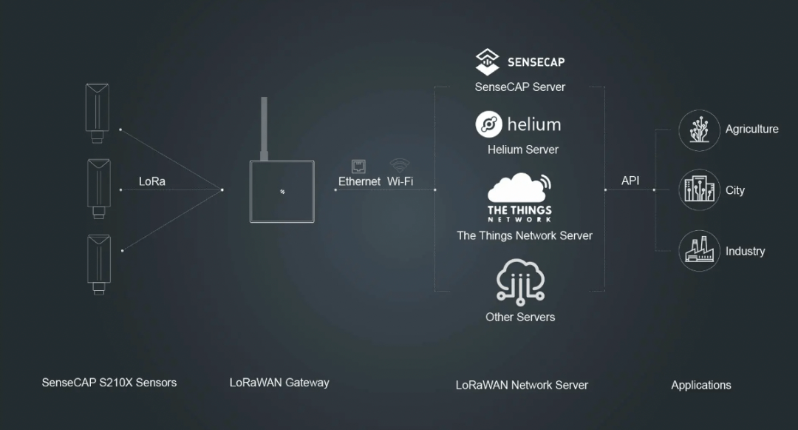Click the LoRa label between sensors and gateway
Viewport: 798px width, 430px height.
(x=151, y=181)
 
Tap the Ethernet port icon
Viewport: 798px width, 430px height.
(x=358, y=166)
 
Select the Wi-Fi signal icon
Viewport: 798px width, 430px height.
(x=400, y=165)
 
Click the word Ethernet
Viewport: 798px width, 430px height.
(x=359, y=181)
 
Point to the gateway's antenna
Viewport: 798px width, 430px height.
(x=264, y=129)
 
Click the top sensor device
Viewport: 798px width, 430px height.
(x=97, y=112)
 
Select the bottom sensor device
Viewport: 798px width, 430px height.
(x=99, y=264)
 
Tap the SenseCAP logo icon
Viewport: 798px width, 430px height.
(x=487, y=61)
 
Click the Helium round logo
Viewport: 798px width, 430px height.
(x=488, y=124)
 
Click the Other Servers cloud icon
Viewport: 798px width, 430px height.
(x=520, y=282)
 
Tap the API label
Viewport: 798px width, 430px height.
(x=630, y=181)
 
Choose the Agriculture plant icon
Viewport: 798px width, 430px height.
(x=699, y=130)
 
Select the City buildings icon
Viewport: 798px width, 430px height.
(x=699, y=190)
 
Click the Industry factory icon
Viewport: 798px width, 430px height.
(x=699, y=251)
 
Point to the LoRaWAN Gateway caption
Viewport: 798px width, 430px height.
(x=279, y=383)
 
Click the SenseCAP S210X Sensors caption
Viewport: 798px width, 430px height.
(x=109, y=383)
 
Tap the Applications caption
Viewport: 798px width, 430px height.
(x=700, y=385)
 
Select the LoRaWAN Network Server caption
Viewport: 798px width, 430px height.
(x=522, y=385)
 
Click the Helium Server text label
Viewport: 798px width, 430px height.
(x=522, y=150)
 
